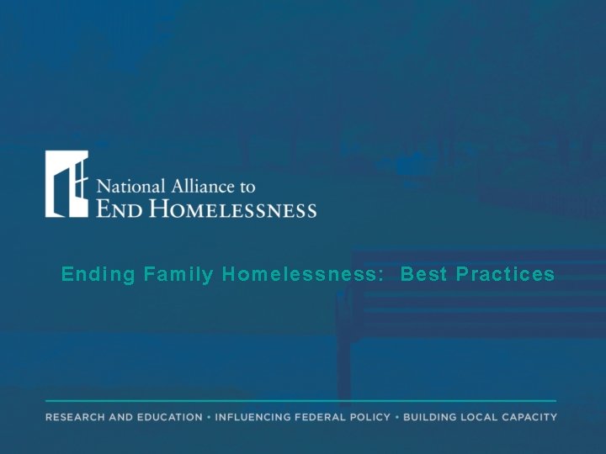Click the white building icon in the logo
click(x=67, y=184)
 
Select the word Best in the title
click(x=426, y=275)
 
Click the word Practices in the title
click(x=508, y=275)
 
